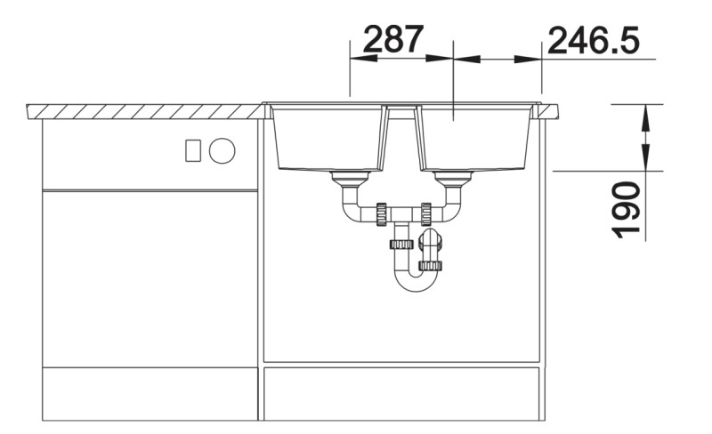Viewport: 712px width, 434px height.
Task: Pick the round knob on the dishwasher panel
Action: coord(222,150)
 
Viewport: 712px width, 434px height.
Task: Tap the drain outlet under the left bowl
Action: coord(347,181)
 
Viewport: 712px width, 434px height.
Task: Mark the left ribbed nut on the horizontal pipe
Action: coord(382,213)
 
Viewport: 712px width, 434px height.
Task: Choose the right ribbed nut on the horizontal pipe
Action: coord(426,213)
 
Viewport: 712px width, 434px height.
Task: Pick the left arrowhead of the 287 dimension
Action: coord(357,59)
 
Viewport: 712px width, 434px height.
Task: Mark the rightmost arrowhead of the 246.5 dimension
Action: coord(535,59)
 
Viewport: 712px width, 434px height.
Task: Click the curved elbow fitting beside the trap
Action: coord(432,242)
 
